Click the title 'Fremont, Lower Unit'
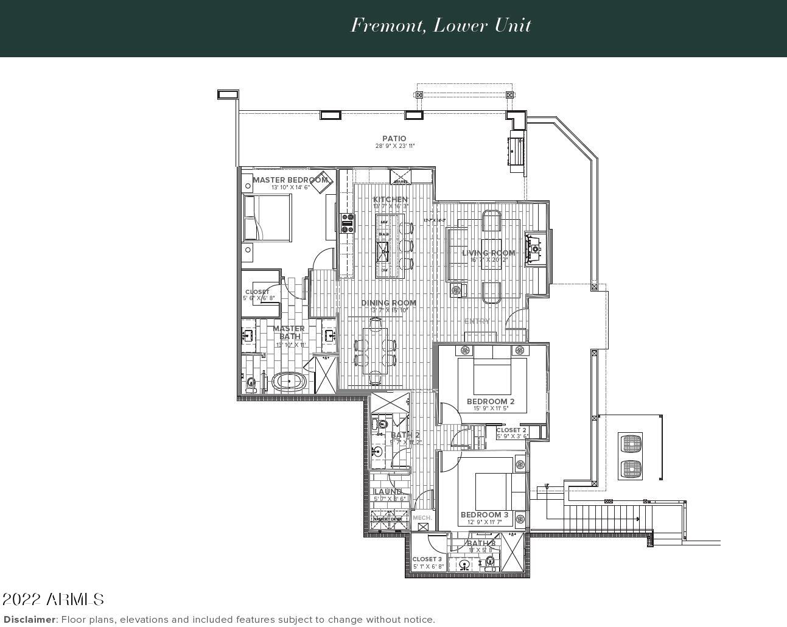(x=441, y=26)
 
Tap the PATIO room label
(x=394, y=139)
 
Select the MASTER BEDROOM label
(x=290, y=180)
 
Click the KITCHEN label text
(x=390, y=200)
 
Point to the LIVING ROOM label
(x=488, y=253)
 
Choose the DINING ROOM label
(x=388, y=303)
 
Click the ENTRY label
(x=477, y=321)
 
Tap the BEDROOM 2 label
(x=491, y=402)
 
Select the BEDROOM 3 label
(x=484, y=515)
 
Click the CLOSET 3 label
(x=427, y=559)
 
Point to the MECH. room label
(x=422, y=518)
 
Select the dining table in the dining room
(x=375, y=351)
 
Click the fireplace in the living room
(x=535, y=248)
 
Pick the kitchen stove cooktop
(x=348, y=223)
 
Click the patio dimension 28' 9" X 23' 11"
(x=394, y=146)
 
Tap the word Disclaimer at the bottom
(x=30, y=620)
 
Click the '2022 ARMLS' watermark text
(x=53, y=600)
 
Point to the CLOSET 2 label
(x=511, y=430)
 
